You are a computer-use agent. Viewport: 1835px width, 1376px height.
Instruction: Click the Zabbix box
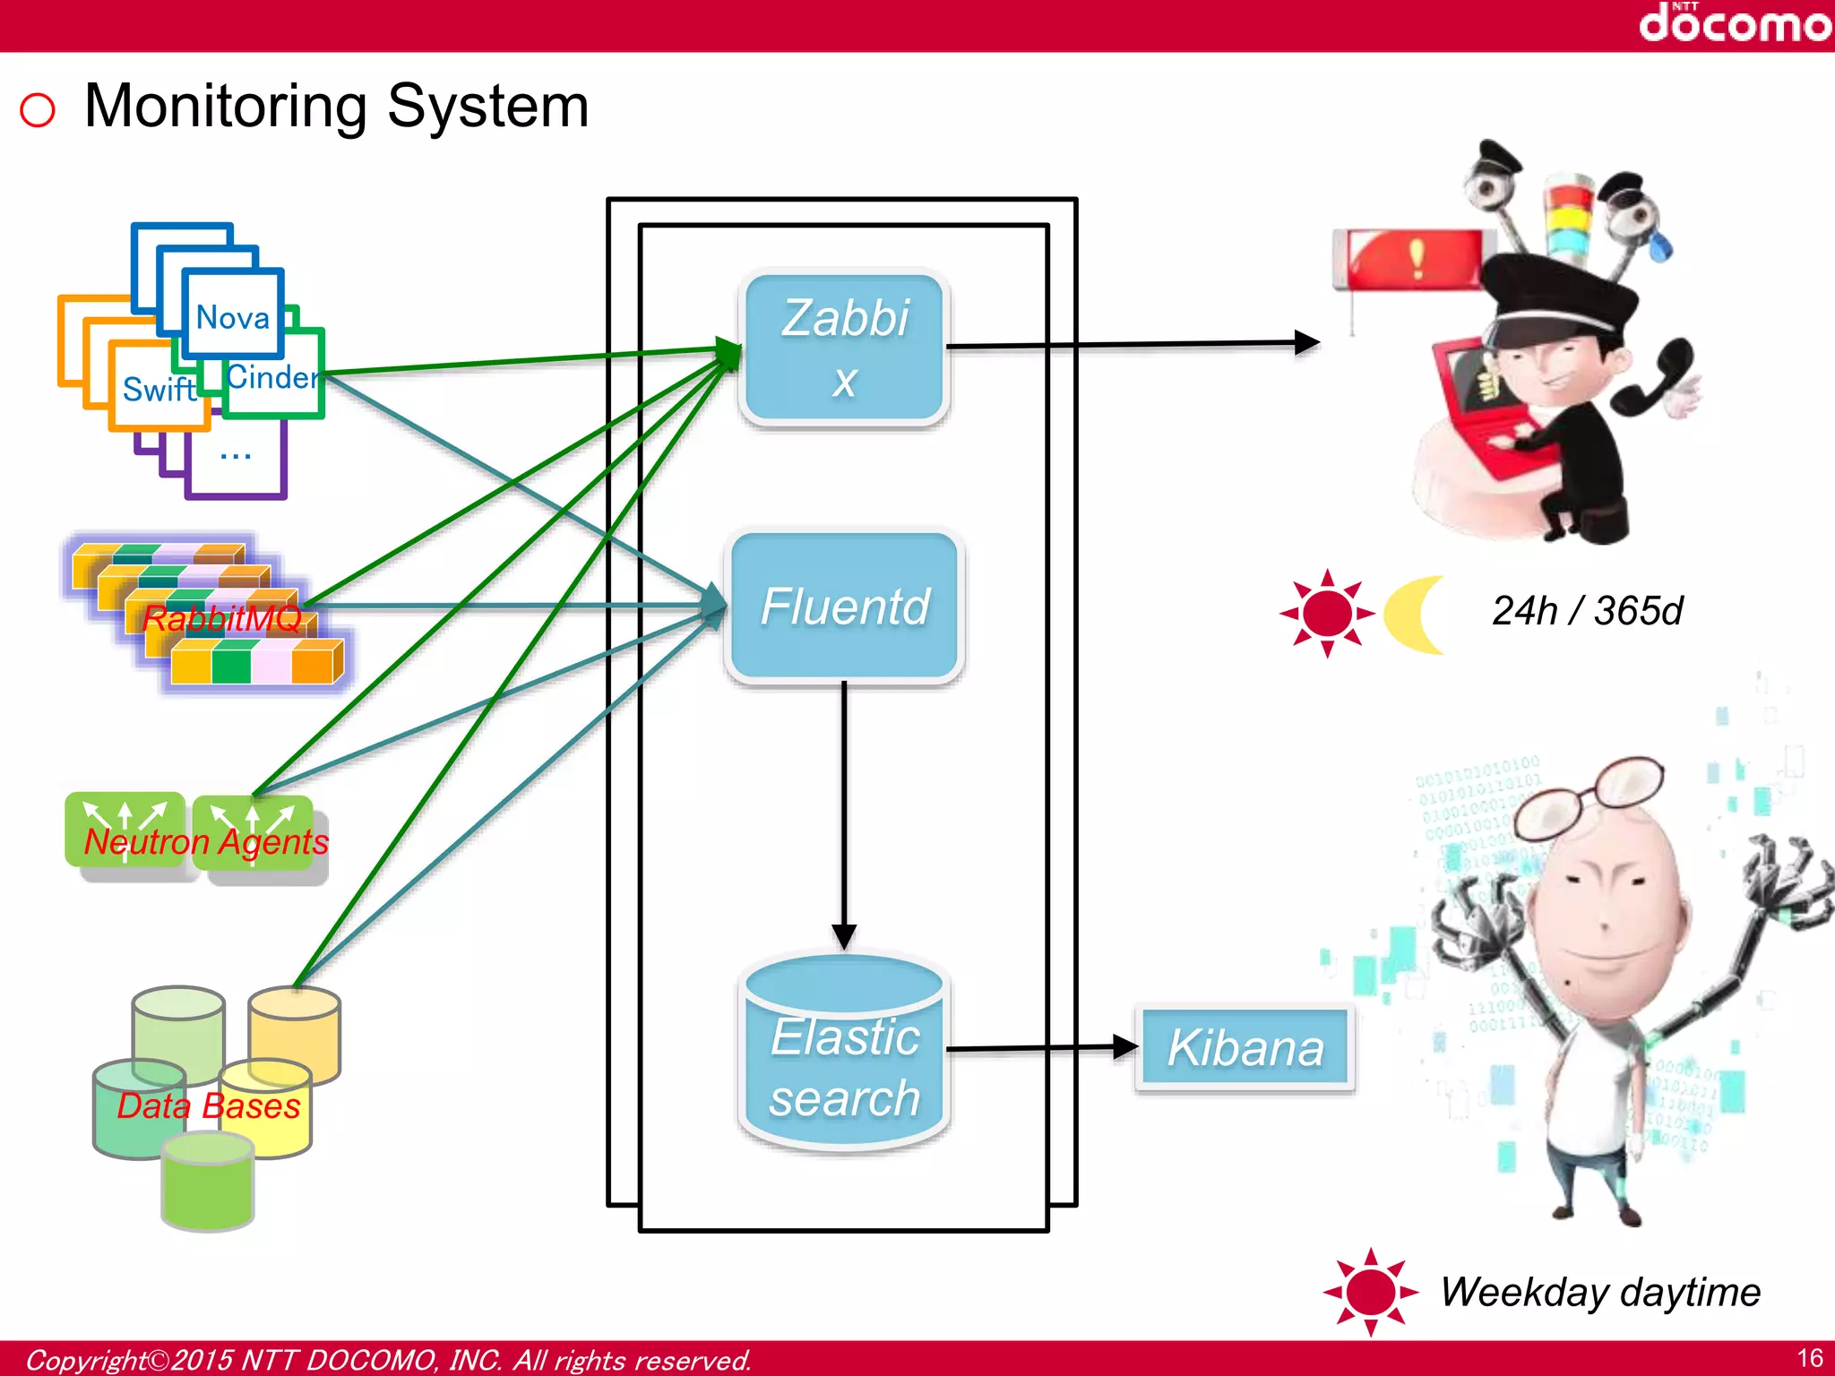click(843, 348)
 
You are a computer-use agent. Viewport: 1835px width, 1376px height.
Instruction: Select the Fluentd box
click(844, 606)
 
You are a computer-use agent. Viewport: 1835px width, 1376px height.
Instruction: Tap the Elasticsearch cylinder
click(844, 1057)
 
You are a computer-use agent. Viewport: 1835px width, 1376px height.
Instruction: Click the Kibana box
click(1245, 1048)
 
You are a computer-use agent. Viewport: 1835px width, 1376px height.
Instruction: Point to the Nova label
click(232, 317)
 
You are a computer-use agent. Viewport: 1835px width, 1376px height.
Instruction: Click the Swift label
click(159, 390)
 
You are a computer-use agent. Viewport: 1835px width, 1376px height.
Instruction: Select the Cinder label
click(271, 377)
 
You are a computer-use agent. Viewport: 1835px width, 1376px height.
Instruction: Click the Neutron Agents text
click(205, 842)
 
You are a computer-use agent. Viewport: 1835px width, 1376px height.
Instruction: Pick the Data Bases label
click(208, 1106)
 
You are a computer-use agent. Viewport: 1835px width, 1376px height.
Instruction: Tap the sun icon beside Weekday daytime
click(1369, 1292)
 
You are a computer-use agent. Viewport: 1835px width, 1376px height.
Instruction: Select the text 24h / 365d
click(1586, 611)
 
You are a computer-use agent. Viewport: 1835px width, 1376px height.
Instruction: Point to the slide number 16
click(1809, 1358)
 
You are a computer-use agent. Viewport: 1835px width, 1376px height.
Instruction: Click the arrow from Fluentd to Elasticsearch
click(843, 806)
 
